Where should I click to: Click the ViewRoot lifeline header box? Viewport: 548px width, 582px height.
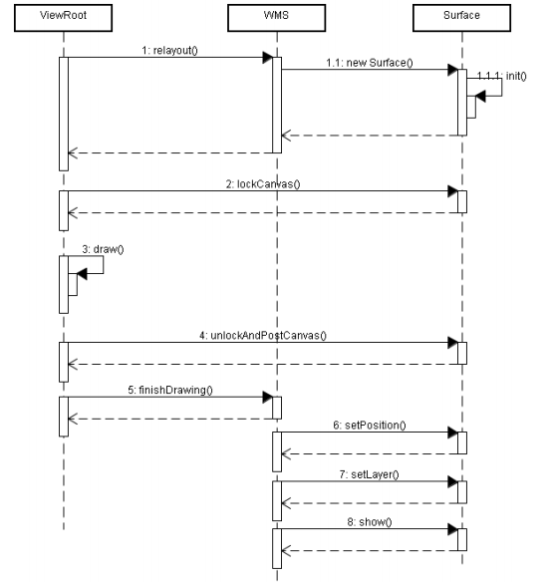click(63, 18)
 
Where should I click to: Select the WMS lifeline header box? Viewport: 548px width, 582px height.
click(276, 18)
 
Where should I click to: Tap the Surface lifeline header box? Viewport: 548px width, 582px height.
click(461, 18)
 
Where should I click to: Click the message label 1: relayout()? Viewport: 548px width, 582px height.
click(170, 50)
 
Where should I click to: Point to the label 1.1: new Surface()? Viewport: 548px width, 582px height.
click(370, 63)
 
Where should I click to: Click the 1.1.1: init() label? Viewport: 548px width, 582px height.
click(501, 76)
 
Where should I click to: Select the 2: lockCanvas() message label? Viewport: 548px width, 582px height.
click(263, 184)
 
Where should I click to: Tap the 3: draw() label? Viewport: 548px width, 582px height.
click(104, 249)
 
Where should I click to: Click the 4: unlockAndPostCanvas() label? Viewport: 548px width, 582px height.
click(263, 336)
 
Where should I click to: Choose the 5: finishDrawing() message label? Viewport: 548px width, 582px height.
click(170, 390)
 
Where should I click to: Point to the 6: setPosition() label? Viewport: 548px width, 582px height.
click(370, 425)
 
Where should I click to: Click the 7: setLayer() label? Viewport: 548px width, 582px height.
click(370, 474)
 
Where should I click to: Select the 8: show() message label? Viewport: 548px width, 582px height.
click(370, 522)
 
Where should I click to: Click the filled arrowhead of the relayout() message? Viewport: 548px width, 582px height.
click(267, 58)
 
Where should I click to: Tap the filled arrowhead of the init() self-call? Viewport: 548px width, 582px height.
click(480, 96)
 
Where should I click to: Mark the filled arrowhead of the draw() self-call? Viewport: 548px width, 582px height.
click(82, 274)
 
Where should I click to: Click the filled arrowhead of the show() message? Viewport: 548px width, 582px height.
click(452, 529)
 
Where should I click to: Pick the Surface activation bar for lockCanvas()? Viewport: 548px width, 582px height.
click(462, 202)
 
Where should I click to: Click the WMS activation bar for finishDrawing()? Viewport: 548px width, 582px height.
click(277, 408)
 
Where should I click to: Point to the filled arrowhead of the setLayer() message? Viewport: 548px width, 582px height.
click(452, 481)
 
